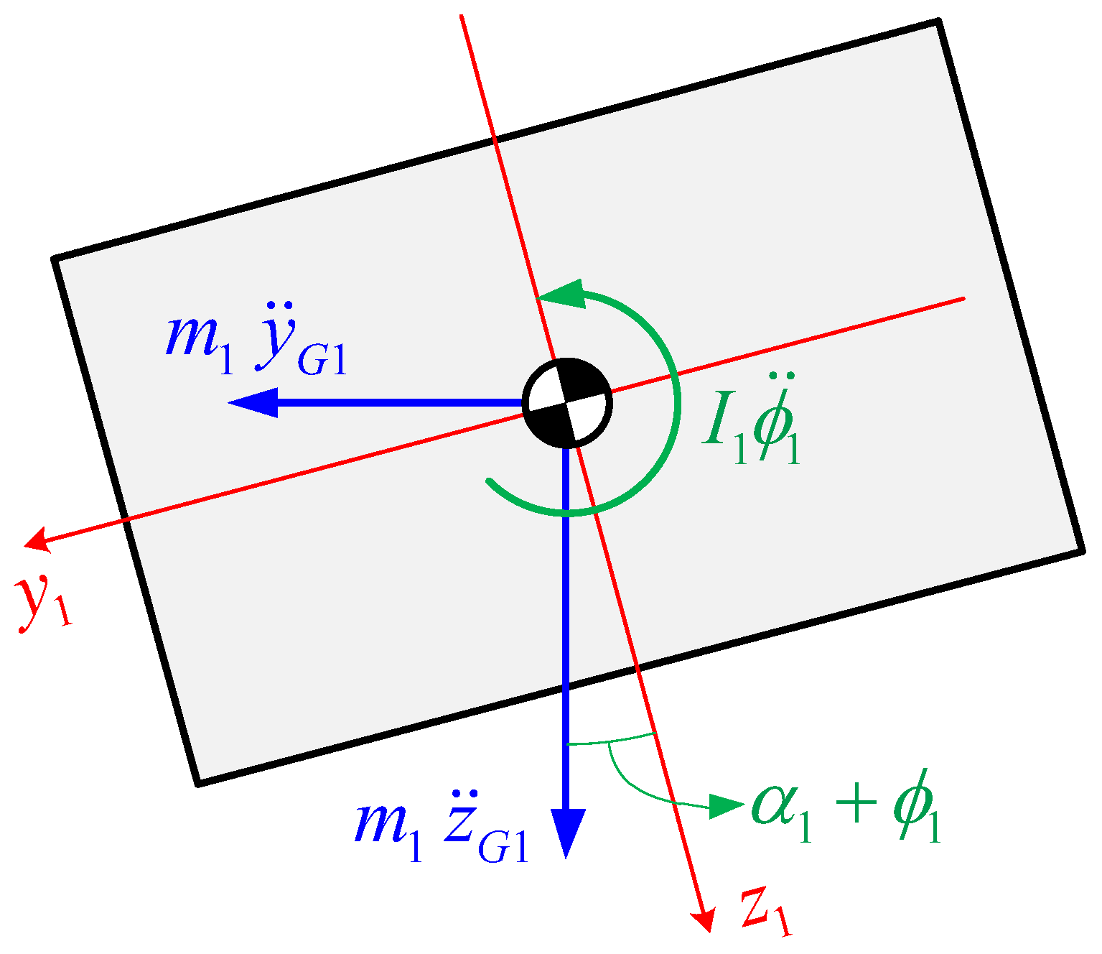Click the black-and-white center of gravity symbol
(567, 403)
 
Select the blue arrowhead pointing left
(253, 403)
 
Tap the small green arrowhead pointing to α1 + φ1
(725, 806)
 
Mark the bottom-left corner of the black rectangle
(199, 782)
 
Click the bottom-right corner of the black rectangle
(1081, 550)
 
